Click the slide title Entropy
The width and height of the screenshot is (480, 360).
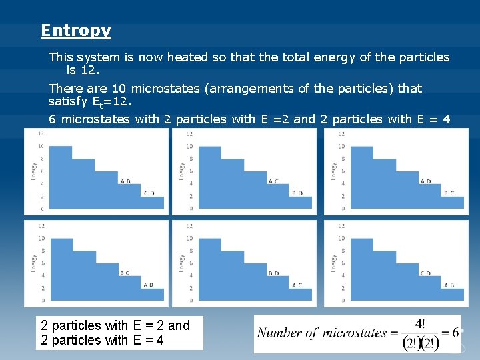point(75,31)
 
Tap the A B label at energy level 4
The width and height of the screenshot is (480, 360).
point(125,181)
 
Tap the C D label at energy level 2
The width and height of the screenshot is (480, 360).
point(149,193)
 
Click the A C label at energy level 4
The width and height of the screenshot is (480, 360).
point(273,181)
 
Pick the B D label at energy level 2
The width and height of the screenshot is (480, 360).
point(297,193)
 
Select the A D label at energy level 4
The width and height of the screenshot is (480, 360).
point(425,181)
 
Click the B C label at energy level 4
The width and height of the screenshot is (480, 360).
point(125,273)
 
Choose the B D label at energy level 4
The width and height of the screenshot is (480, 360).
point(273,273)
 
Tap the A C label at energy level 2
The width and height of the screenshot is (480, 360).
point(297,285)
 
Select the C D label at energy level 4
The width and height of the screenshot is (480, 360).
point(425,273)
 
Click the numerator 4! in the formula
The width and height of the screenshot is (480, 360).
point(421,323)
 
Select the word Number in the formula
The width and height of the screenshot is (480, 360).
point(279,333)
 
